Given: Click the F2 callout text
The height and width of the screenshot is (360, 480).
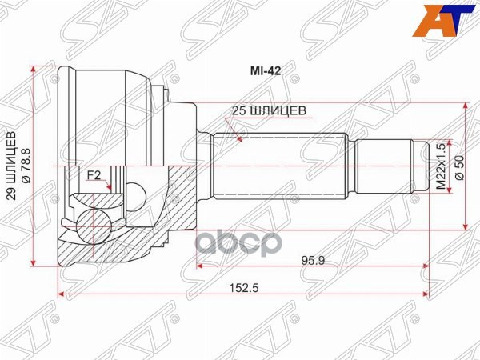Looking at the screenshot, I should (94, 174).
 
